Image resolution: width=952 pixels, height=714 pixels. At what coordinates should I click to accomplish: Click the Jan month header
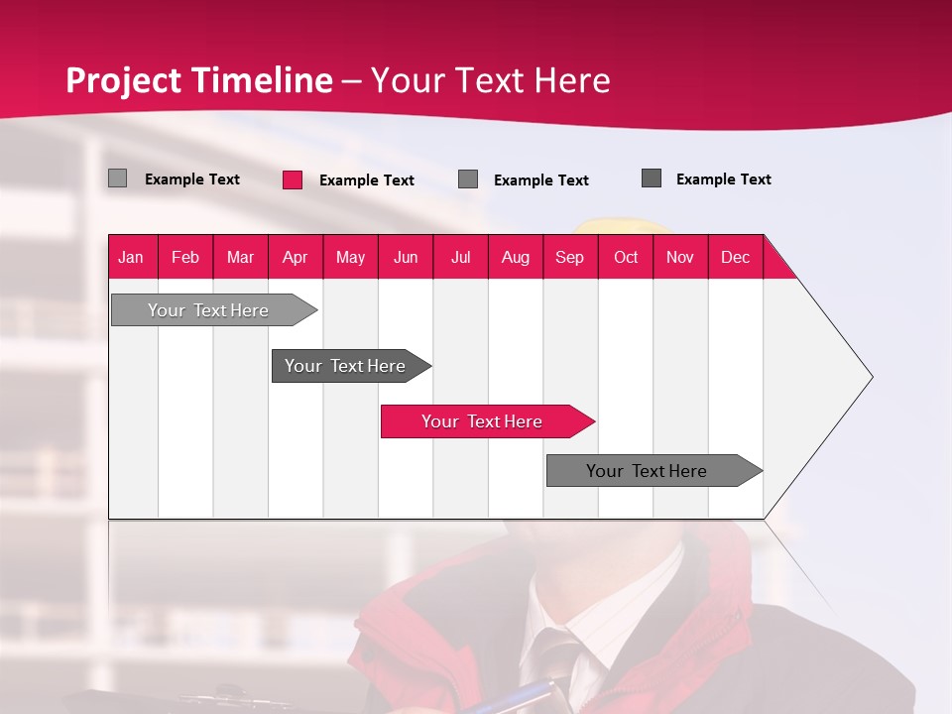pos(131,257)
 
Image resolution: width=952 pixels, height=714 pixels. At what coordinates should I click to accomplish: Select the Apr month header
pos(295,257)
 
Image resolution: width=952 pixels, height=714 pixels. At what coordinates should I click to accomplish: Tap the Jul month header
pos(460,257)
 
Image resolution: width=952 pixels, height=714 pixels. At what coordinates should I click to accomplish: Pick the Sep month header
pos(569,257)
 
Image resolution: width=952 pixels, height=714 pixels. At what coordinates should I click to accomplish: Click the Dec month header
pos(735,257)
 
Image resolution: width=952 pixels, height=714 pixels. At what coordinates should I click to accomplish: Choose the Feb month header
pos(185,257)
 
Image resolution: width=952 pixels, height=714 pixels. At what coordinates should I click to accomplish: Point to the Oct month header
pos(625,257)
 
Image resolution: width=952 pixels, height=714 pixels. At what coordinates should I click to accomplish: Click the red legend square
pos(293,179)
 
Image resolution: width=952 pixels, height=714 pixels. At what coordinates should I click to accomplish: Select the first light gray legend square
pos(118,178)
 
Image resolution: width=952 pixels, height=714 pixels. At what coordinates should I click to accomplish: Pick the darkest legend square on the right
pos(652,178)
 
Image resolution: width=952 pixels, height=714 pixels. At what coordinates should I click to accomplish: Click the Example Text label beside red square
pos(366,180)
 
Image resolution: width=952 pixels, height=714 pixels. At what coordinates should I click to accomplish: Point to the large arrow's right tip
pos(871,377)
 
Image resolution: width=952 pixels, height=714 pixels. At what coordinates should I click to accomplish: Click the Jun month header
pos(406,257)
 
